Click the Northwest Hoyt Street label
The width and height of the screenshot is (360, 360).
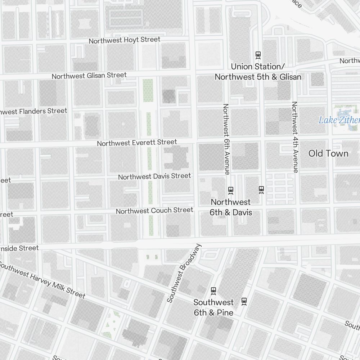124,40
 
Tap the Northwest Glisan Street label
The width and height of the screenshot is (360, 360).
89,76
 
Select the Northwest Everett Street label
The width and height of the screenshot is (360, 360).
137,143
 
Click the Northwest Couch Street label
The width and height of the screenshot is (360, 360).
154,210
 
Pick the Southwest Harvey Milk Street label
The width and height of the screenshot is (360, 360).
42,280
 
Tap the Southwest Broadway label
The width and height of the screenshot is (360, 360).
184,273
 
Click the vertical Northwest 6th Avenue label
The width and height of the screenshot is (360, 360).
226,139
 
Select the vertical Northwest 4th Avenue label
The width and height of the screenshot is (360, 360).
295,137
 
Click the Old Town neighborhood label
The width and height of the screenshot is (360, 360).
328,154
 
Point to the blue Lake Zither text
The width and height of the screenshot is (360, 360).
338,120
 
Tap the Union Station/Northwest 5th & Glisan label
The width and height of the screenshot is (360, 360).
258,72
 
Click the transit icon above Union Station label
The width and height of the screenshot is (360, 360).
258,55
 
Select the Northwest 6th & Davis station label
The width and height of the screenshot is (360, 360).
231,207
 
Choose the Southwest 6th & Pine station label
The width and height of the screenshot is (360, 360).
213,307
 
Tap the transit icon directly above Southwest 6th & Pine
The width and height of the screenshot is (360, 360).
213,290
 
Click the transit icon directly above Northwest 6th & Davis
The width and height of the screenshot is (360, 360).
231,190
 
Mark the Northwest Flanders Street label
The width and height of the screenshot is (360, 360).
34,111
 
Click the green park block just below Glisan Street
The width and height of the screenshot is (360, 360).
148,90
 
